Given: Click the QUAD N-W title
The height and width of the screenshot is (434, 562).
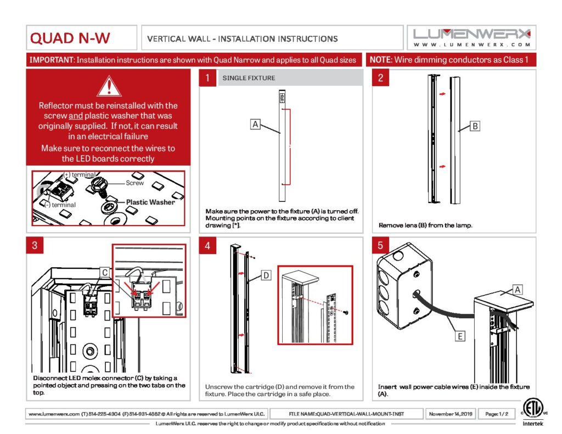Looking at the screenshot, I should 70,38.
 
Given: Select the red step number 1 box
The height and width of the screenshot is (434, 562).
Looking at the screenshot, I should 207,78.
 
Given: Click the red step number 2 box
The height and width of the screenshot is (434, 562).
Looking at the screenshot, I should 380,78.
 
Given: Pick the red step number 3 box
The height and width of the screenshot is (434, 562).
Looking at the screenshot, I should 35,246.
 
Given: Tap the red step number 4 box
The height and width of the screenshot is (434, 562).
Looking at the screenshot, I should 207,246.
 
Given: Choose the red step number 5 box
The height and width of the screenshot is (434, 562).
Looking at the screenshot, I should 380,246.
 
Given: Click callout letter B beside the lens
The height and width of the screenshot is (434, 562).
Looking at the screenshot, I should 475,126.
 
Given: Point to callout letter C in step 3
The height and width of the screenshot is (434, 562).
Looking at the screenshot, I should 104,272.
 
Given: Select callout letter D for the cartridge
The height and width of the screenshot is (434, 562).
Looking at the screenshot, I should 265,275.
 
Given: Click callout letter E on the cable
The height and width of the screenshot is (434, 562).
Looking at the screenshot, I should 460,336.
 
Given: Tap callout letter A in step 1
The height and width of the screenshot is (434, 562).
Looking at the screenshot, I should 255,125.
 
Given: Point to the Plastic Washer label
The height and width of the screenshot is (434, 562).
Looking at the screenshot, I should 150,202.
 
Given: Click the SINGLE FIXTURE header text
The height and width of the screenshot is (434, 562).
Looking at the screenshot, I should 249,78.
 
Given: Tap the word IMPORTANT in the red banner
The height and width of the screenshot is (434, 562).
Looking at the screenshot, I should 50,59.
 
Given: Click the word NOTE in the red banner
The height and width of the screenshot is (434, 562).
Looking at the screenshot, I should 380,59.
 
